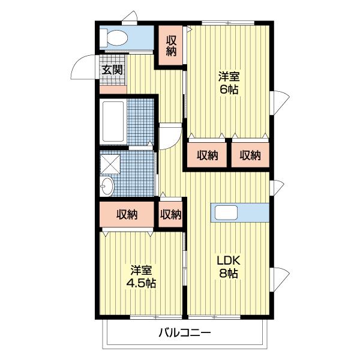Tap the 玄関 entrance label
112,70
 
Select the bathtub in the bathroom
113,122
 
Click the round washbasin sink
107,186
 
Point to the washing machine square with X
110,164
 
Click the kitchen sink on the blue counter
226,212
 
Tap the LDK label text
229,260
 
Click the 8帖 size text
229,273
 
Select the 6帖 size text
229,89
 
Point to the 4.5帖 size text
141,283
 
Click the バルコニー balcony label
185,332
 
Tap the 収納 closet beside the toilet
171,46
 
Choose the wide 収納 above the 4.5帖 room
127,214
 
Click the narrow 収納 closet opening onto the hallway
170,214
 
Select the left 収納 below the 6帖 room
207,155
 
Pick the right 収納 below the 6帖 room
250,155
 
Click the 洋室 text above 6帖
229,76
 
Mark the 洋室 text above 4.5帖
141,271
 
